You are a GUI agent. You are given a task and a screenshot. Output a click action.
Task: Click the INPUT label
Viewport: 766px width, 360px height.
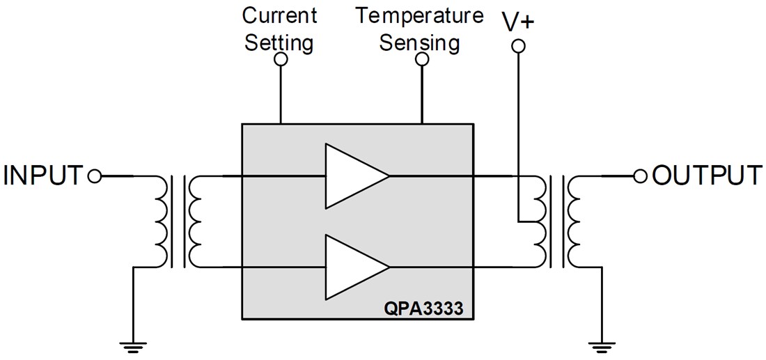click(x=43, y=175)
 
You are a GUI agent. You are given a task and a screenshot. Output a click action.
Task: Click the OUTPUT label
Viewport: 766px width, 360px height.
click(x=707, y=175)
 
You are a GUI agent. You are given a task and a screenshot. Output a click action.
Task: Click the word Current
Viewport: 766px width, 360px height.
click(x=279, y=15)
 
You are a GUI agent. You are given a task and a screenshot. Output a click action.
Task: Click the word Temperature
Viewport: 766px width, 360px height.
click(x=420, y=15)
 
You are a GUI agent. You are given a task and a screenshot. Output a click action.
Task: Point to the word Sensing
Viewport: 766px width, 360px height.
click(x=420, y=42)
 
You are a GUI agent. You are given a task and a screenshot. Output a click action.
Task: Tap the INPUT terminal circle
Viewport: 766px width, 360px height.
click(x=95, y=176)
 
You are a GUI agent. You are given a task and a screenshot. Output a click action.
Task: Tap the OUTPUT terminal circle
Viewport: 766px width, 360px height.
click(x=641, y=176)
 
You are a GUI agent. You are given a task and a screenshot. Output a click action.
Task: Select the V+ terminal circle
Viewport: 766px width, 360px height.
click(x=517, y=47)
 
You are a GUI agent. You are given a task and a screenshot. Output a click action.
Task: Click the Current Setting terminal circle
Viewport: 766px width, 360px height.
click(x=281, y=61)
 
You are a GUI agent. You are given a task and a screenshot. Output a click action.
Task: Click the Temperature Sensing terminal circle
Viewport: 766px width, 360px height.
click(x=421, y=61)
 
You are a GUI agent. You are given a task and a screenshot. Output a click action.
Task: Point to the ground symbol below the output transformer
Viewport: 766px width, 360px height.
click(x=597, y=343)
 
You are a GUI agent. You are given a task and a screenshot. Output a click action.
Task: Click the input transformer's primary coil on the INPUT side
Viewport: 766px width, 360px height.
click(x=160, y=221)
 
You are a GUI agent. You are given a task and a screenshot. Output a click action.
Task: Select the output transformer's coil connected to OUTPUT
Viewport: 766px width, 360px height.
click(x=574, y=221)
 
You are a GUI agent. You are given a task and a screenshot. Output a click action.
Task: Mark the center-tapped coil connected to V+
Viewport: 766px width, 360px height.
click(x=540, y=221)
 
